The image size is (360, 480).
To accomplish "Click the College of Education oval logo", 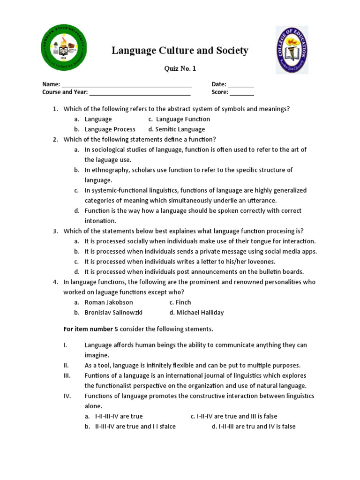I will (x=292, y=50).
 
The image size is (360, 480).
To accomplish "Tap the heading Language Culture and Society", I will (x=180, y=51).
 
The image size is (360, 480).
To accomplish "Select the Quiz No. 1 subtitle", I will (x=180, y=69).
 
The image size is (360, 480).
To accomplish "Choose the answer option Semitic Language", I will (x=180, y=129).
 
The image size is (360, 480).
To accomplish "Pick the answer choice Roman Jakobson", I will (x=109, y=302).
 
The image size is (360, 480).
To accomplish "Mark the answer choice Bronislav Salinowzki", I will (x=113, y=313).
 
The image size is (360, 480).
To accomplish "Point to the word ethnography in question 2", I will (x=108, y=170).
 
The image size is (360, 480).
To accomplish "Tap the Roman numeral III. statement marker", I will (x=67, y=375).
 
